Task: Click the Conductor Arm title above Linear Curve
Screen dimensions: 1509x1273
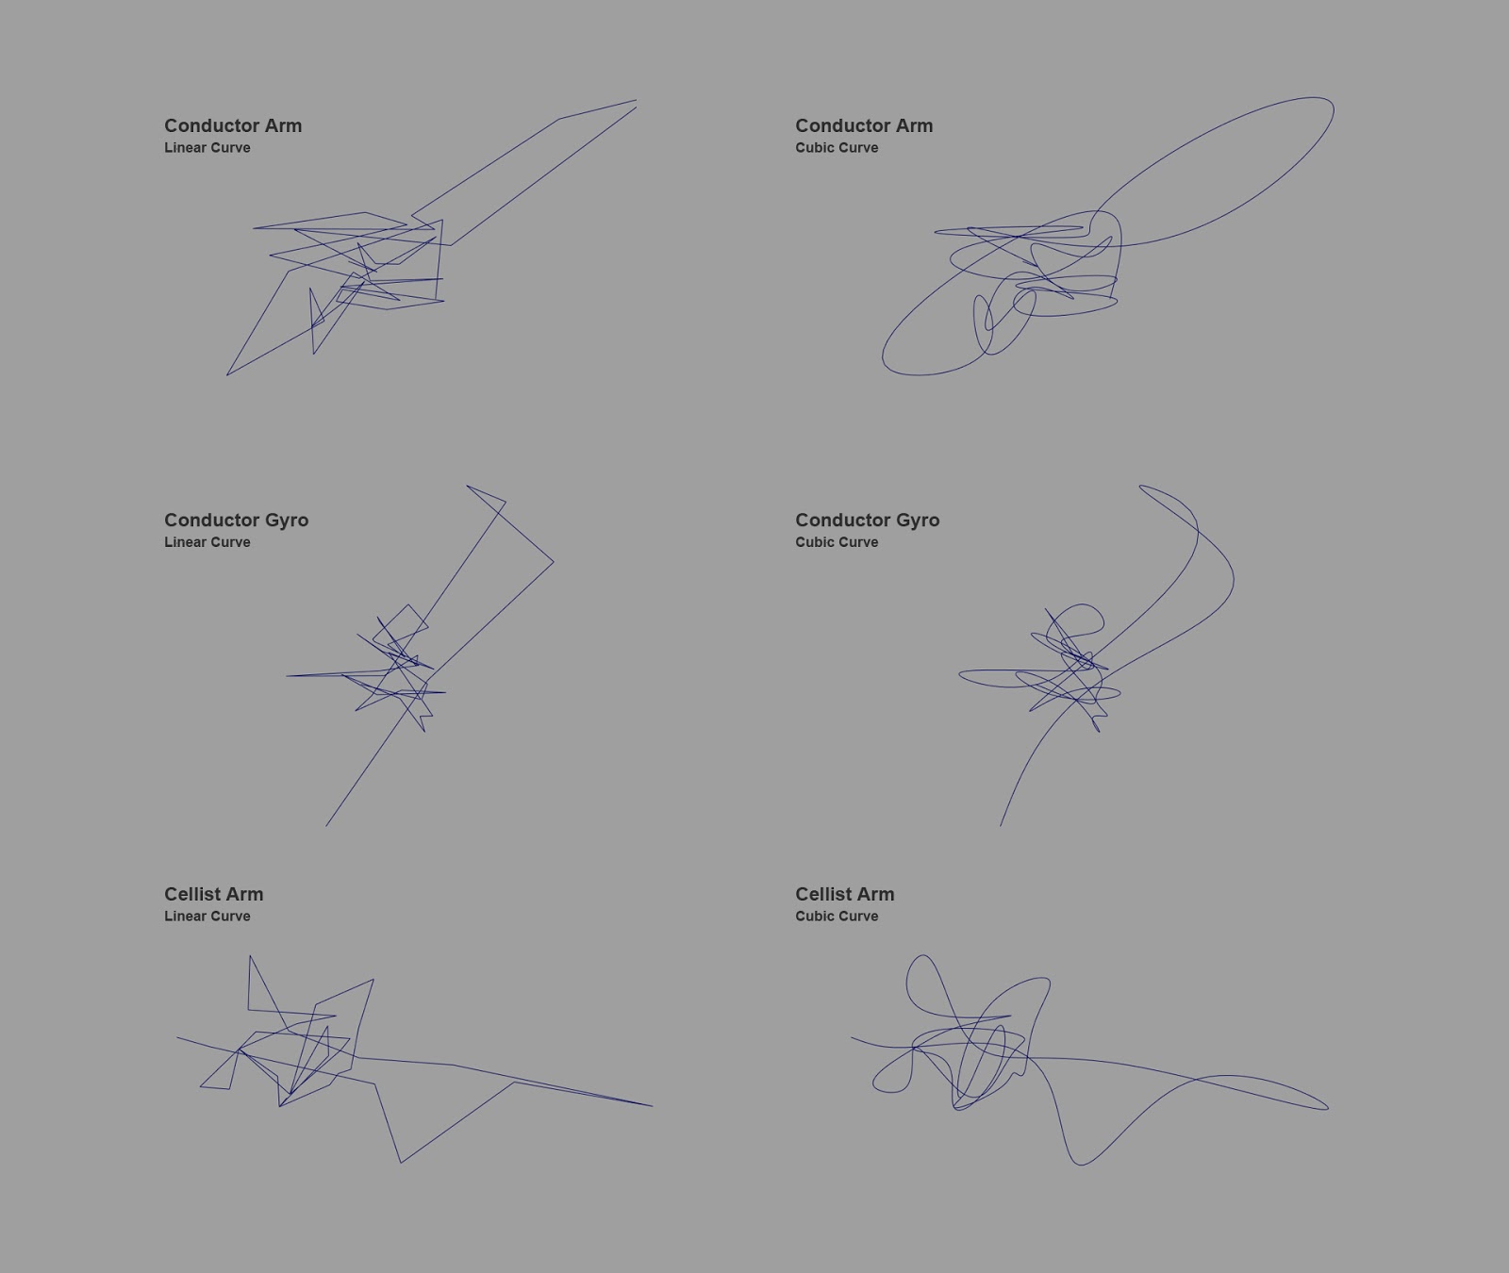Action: [233, 125]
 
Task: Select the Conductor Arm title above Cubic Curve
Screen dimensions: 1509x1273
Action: [864, 125]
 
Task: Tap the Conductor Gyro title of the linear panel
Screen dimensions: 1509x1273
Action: [236, 521]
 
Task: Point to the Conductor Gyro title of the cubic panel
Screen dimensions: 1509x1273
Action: [867, 521]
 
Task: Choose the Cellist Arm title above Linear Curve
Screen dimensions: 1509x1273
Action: [213, 894]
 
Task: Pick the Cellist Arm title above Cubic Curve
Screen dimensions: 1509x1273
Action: [844, 894]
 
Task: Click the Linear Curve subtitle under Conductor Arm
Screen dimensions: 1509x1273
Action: [207, 148]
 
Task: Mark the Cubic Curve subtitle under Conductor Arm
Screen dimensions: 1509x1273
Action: [837, 148]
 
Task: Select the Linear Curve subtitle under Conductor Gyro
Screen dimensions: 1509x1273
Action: [207, 542]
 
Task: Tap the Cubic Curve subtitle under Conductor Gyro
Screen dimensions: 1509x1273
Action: [837, 542]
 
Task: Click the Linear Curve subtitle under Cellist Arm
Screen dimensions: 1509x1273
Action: [207, 917]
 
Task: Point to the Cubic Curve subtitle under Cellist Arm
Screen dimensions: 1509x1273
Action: [837, 917]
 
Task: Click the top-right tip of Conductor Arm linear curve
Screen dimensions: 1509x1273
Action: [637, 100]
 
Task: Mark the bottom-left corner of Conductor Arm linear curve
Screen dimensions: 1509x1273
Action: [227, 375]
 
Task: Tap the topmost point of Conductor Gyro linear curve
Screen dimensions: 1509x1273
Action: [467, 486]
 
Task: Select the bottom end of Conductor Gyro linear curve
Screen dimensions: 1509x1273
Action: [326, 826]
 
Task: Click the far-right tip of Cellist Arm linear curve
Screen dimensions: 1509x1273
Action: [652, 1105]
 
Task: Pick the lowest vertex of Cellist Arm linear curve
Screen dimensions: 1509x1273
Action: [401, 1163]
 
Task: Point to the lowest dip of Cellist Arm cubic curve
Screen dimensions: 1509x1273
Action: [1080, 1165]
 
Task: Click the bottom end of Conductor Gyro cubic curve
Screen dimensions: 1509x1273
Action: [1001, 826]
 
